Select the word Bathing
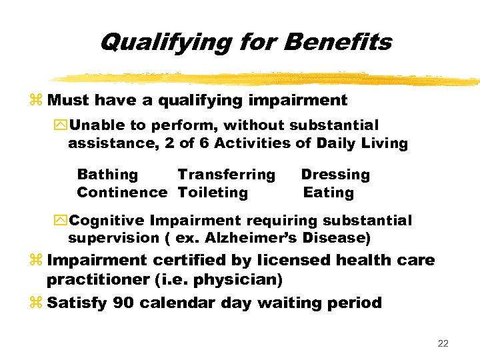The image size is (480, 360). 107,175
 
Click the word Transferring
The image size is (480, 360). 226,175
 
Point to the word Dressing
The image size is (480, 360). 335,175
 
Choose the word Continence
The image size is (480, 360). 122,193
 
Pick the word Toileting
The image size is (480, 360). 213,193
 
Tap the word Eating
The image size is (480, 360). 329,193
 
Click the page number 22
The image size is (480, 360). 443,344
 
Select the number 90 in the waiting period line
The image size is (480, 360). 123,303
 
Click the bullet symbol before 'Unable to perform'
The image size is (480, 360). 61,125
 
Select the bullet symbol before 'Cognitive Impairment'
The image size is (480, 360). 61,221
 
